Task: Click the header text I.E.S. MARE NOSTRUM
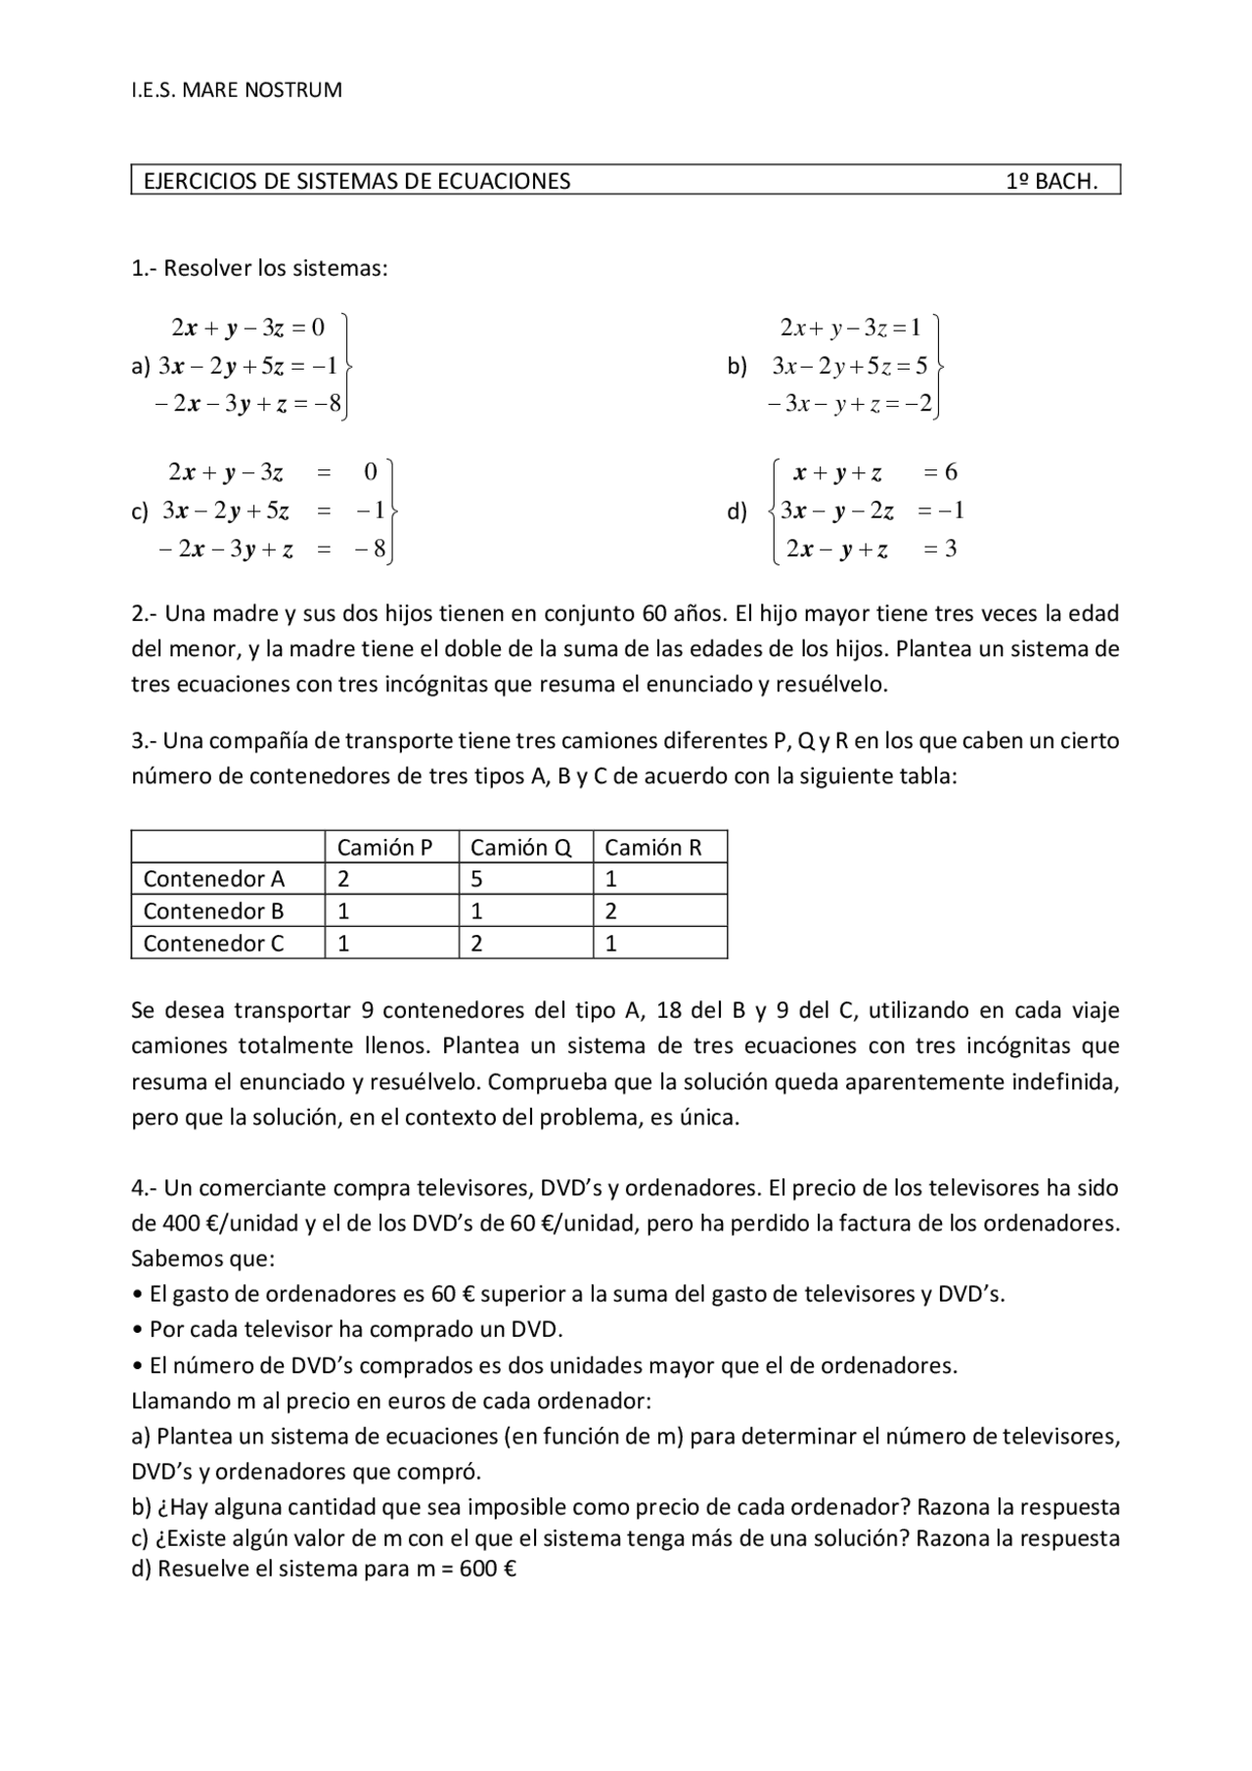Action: click(x=236, y=91)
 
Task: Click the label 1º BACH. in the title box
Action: click(x=1051, y=181)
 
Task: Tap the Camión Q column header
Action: click(x=520, y=848)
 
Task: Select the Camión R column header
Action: click(x=652, y=848)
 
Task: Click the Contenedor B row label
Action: click(x=213, y=911)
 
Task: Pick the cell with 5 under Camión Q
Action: click(x=476, y=879)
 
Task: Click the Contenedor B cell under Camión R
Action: click(x=611, y=911)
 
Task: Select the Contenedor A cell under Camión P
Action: click(x=343, y=879)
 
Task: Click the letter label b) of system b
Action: click(x=737, y=367)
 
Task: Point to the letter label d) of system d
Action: click(x=737, y=511)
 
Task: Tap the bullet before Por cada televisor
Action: click(x=137, y=1330)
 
